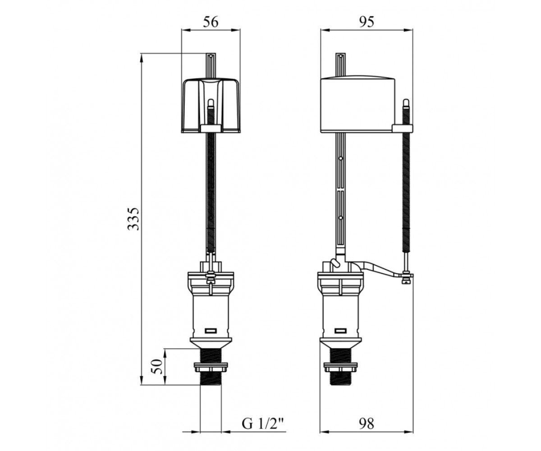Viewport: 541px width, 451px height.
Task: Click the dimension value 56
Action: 211,23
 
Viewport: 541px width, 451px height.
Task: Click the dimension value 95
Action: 367,23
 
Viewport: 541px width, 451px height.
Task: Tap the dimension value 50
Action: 157,367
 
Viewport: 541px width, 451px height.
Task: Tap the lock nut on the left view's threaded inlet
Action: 211,368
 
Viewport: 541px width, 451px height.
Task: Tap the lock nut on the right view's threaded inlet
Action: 341,368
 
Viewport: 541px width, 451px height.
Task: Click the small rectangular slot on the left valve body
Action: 211,331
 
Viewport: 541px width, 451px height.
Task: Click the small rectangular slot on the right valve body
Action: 340,331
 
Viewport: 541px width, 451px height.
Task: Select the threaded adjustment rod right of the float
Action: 407,189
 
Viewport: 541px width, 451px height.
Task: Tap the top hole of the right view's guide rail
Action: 340,55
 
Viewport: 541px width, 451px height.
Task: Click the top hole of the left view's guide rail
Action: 211,55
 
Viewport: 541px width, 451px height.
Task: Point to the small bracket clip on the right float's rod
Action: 402,128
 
